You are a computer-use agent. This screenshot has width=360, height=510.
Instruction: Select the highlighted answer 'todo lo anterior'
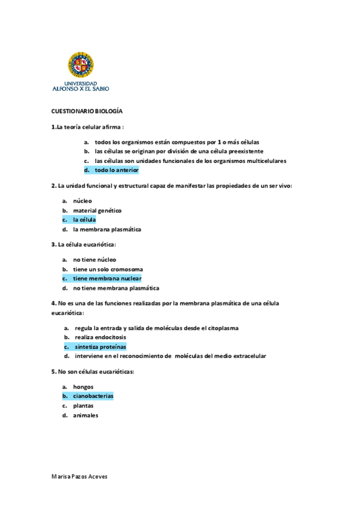(117, 171)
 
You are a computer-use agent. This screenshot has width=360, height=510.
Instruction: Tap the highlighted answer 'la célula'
(84, 220)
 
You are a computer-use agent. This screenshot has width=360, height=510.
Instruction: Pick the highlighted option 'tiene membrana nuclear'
(107, 278)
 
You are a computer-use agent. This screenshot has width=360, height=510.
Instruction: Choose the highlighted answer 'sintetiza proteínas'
(100, 347)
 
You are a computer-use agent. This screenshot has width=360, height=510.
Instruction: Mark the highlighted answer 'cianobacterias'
(93, 396)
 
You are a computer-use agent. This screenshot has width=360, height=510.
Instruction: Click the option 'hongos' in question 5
(83, 387)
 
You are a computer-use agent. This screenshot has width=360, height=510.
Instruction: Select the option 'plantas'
(83, 406)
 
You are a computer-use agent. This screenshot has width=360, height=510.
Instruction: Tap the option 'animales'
(85, 416)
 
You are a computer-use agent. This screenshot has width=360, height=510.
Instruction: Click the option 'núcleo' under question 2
(82, 200)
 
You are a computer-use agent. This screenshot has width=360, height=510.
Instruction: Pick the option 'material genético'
(97, 210)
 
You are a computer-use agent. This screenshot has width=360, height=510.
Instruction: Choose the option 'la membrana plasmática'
(107, 229)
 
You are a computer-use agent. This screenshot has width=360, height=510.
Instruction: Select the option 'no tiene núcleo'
(96, 259)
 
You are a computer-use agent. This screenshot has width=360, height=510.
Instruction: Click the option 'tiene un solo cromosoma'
(108, 269)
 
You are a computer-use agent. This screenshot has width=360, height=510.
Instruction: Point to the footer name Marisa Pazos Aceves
(79, 476)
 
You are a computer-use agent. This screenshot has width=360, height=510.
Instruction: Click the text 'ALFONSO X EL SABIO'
(81, 88)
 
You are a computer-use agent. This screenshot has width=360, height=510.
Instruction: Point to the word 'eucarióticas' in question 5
(115, 372)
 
